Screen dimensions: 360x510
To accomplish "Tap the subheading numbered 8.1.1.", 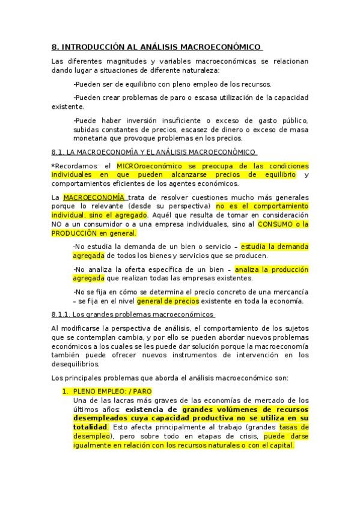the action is [133, 315].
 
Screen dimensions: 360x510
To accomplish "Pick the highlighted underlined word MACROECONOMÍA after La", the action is [94, 197].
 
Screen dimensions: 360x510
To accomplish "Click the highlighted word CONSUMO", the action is [276, 224].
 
